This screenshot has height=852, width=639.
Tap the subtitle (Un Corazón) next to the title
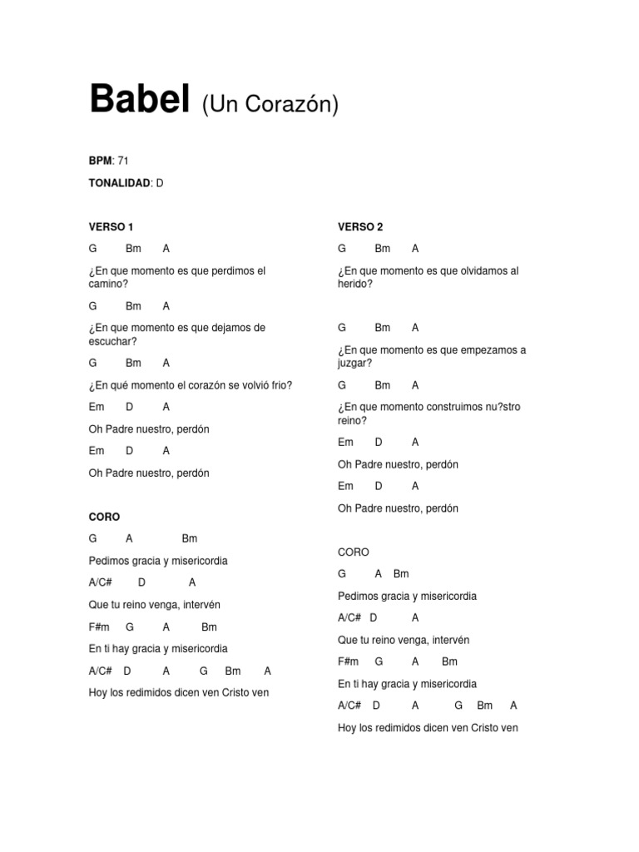[x=269, y=105]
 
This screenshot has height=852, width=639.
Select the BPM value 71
[x=123, y=161]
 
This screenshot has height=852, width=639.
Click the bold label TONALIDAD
[x=120, y=182]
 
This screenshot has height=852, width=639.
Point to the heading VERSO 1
[x=111, y=226]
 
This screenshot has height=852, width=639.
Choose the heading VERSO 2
[x=360, y=226]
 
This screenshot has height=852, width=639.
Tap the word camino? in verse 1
[x=108, y=284]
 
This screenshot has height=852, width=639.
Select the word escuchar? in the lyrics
[x=112, y=341]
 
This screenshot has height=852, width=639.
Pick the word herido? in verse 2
[x=355, y=284]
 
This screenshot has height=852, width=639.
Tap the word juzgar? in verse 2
[x=355, y=363]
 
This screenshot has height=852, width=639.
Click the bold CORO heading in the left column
[x=104, y=517]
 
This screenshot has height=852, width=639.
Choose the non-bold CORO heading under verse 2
[x=354, y=552]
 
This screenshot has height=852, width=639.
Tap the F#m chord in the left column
[x=99, y=627]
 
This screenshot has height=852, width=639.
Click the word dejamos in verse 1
[x=226, y=328]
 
